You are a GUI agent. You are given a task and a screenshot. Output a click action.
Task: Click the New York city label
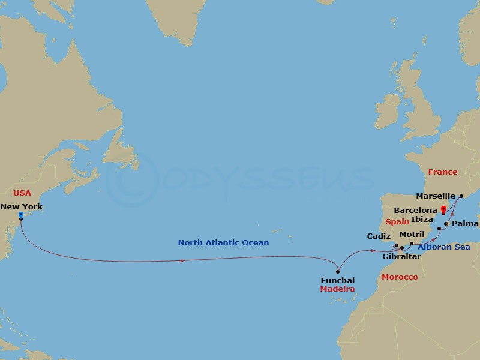point(21,206)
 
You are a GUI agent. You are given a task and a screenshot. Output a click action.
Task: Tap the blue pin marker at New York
point(21,214)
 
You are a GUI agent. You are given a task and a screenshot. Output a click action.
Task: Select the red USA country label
point(22,193)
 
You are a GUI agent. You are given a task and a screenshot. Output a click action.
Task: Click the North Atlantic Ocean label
point(223,242)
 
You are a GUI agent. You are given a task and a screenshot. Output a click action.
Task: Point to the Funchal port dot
point(338,272)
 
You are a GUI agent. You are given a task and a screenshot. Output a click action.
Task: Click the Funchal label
point(338,280)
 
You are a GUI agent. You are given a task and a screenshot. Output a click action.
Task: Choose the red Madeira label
point(337,289)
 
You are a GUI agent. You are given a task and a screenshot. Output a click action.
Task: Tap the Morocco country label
point(400,277)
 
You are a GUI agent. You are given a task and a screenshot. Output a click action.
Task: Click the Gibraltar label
point(401,256)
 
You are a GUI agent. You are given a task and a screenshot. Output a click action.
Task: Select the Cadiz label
point(379,236)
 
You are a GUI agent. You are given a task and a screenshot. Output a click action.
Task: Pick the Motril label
point(411,234)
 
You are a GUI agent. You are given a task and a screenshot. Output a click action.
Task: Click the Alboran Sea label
point(443,246)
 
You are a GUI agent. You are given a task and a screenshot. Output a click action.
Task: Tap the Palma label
point(466,223)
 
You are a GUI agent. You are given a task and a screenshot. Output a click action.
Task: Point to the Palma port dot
point(446,224)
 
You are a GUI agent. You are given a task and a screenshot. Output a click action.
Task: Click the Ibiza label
point(422,219)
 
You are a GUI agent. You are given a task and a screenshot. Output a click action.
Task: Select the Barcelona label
point(415,211)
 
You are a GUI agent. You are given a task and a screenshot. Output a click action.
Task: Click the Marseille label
point(435,196)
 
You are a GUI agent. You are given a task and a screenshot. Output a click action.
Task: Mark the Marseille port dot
point(461,196)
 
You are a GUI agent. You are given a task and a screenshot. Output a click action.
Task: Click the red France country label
point(443,172)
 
